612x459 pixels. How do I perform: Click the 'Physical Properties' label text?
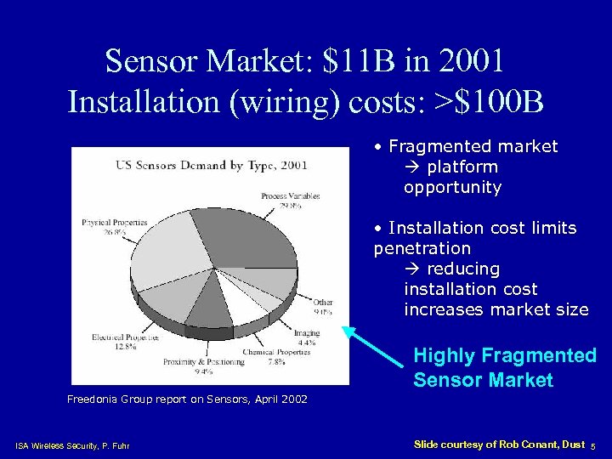(114, 223)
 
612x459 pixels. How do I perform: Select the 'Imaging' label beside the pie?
(307, 333)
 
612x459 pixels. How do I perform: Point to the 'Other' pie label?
(323, 302)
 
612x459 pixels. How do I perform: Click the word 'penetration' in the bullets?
(422, 248)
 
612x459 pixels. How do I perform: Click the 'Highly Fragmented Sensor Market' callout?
(505, 367)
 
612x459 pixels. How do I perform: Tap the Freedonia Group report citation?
(187, 399)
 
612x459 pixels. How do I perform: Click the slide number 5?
(592, 445)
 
